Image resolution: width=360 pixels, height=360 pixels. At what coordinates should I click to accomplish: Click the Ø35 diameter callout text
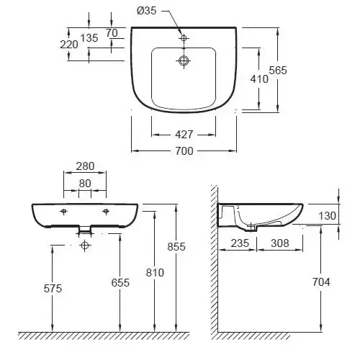coord(147,11)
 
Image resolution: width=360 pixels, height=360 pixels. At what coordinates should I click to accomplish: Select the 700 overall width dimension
coord(184,151)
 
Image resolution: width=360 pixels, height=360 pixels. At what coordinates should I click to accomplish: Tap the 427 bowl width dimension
coord(184,135)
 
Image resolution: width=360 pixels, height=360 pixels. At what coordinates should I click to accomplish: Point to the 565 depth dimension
coord(278,71)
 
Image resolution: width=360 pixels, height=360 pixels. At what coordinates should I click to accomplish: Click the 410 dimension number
coord(259,79)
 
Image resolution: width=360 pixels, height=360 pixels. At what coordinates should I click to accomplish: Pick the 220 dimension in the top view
coord(69,45)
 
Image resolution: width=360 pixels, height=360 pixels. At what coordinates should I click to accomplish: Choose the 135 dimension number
coord(89,38)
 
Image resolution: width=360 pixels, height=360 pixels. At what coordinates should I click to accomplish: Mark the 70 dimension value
coord(112,33)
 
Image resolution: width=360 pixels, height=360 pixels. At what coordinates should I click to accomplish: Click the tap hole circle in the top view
coord(184,38)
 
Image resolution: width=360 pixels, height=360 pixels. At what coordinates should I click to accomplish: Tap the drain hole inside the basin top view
coord(184,60)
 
